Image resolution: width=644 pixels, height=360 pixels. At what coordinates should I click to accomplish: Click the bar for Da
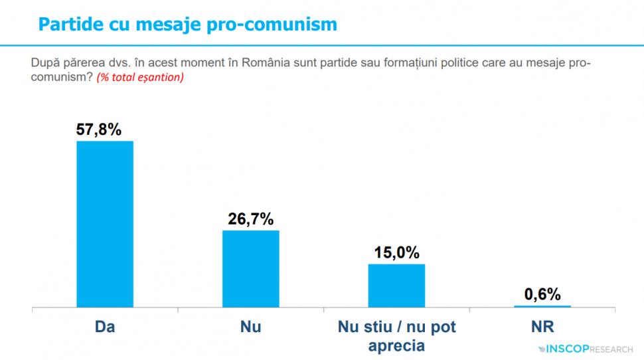[106, 225]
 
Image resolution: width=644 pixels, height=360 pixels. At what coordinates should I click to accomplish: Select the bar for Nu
[250, 269]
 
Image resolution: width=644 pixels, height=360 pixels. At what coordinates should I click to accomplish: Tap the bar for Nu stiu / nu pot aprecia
[396, 286]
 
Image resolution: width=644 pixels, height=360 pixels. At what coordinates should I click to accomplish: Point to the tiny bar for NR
[542, 306]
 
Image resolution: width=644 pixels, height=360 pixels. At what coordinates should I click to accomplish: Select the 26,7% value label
[251, 219]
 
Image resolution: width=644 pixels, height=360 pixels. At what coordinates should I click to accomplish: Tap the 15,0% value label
[397, 252]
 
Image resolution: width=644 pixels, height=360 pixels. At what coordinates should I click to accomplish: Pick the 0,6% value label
[542, 294]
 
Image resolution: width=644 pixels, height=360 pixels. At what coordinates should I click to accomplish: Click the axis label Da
[106, 327]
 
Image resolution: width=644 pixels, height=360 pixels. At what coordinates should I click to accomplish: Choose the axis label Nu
[250, 327]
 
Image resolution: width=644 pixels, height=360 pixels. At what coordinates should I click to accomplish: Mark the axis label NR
[542, 327]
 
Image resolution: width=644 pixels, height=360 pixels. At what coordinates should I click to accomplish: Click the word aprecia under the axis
[396, 346]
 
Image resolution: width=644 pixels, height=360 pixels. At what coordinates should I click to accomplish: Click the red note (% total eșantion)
[141, 77]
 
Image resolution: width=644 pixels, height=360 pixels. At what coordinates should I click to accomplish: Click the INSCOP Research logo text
[591, 347]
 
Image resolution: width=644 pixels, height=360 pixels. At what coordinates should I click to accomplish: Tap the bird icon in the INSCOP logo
[541, 347]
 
